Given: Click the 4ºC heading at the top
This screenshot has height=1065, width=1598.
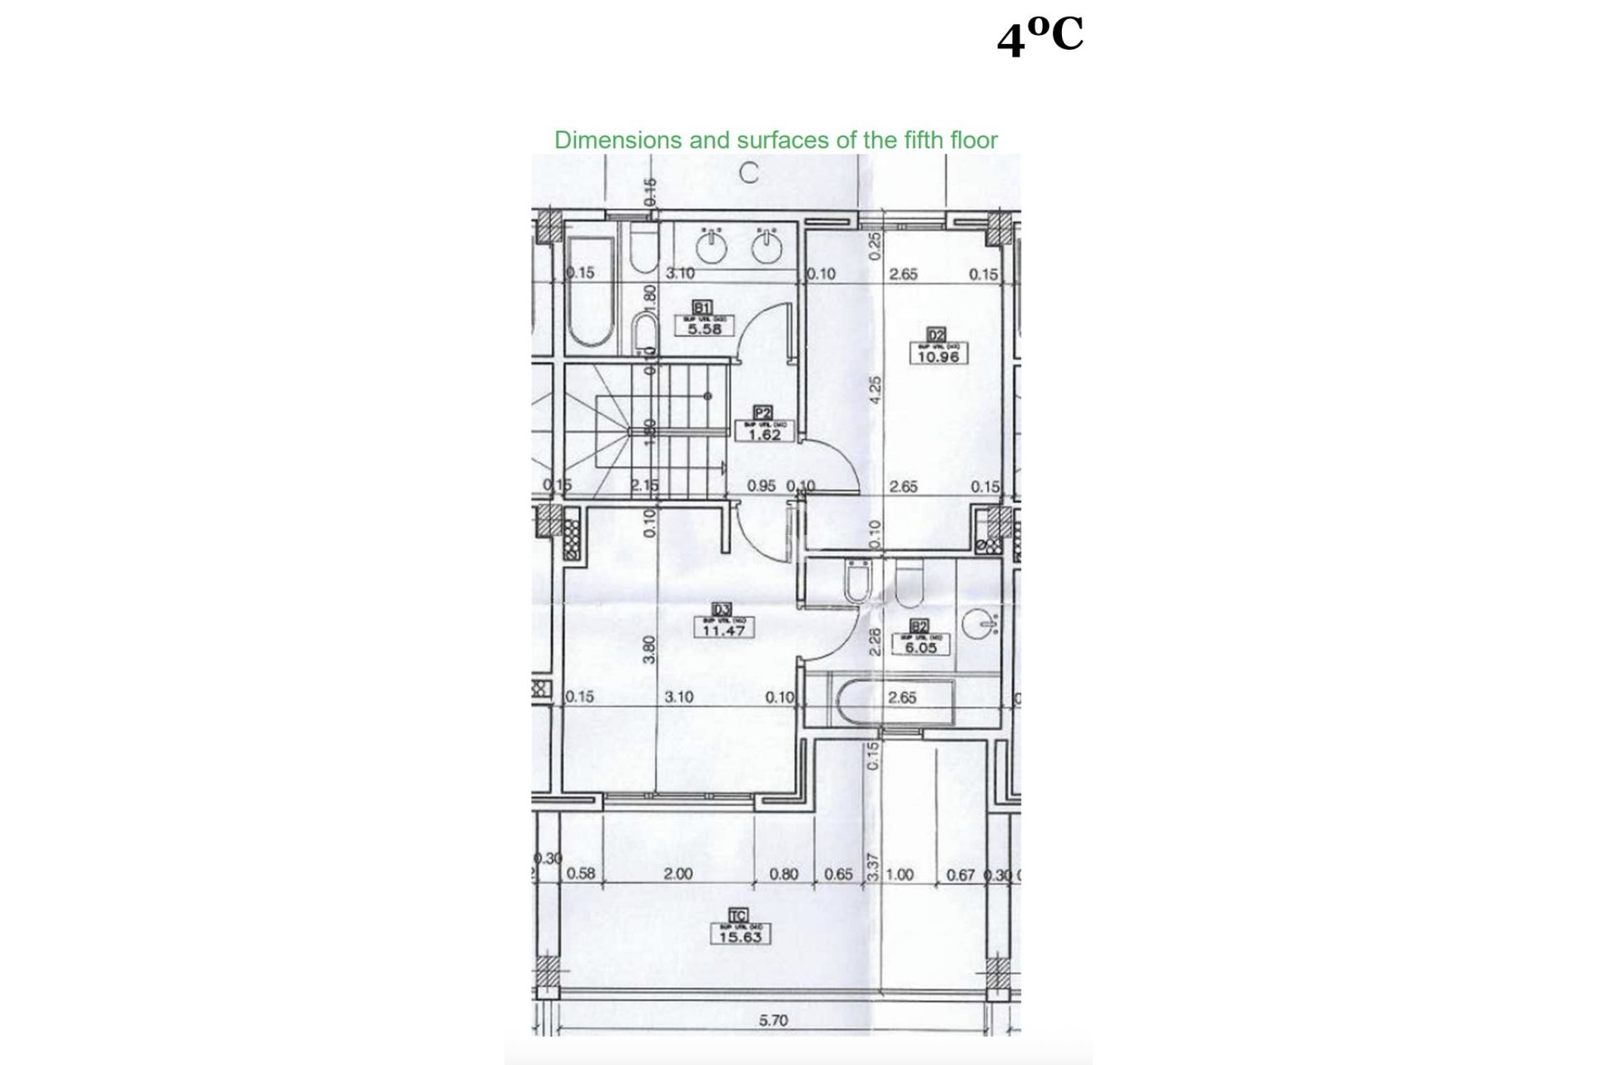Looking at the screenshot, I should coord(1040,37).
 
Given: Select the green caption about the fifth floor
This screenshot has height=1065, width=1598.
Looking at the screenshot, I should coord(776,140).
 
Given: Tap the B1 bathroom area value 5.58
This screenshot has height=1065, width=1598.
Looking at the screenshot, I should coord(704,329).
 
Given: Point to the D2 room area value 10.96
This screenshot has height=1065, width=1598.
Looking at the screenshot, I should coord(937,357).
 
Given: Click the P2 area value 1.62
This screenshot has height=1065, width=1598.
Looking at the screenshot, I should coord(764,434).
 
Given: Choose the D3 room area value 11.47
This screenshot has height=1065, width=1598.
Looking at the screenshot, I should coord(723,631).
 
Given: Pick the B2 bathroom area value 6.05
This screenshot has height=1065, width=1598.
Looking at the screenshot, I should coord(920,647).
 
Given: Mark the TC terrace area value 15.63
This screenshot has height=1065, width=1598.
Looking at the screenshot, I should coord(739,937).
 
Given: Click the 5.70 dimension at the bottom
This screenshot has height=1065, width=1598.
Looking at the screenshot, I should coord(773,1020).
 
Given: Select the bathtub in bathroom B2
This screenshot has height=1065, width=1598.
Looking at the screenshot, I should coord(895,704).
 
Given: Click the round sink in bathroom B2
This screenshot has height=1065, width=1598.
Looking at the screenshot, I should coord(982,623).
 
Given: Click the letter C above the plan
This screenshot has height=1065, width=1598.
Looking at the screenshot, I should coord(749,173).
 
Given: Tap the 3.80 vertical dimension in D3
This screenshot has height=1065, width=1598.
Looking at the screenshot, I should coord(649,649).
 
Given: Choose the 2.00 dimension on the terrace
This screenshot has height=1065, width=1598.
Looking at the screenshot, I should coord(678,874).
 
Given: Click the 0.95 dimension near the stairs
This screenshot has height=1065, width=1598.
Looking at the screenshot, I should coord(761,486).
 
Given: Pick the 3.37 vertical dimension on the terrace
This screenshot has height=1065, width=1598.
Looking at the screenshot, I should coord(872,867).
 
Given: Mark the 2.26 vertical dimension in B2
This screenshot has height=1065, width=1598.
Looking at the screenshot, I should coord(874,641).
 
